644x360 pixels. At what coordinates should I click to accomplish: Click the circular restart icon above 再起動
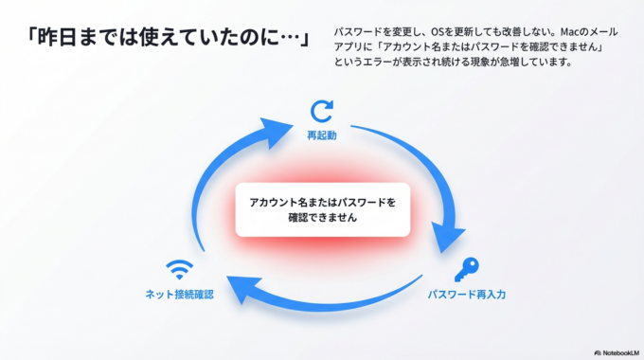coord(322,112)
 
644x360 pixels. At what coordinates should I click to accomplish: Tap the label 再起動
coord(322,135)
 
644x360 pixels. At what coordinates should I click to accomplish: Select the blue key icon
coord(466,270)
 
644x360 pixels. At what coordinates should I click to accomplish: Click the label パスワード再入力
coord(466,295)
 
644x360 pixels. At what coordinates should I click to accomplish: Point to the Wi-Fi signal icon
coord(178,269)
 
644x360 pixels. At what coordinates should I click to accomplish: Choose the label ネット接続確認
coord(178,295)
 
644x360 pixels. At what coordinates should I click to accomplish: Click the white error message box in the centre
coord(322,208)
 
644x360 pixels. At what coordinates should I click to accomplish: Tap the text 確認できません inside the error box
coord(322,217)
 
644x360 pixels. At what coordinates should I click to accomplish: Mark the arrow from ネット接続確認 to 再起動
coord(218,180)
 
